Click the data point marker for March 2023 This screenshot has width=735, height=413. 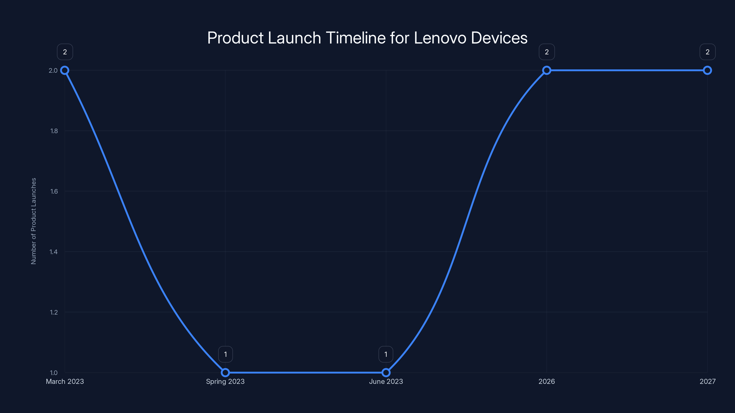(65, 70)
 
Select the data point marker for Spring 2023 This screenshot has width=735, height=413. (225, 373)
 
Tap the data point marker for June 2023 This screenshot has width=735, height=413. (386, 373)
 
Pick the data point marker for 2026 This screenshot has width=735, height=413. (547, 70)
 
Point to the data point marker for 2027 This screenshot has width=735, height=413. (707, 70)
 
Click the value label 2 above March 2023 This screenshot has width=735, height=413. (65, 52)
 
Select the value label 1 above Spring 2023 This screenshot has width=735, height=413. (225, 354)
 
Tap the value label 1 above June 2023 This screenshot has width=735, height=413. (386, 354)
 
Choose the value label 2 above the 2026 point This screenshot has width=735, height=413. (547, 52)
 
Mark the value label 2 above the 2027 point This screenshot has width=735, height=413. (707, 52)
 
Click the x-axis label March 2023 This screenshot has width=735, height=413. (65, 381)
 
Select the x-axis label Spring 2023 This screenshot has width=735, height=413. (225, 381)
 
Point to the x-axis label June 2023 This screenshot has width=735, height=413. (386, 381)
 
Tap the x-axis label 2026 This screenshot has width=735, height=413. (547, 381)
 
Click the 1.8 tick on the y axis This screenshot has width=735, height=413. (54, 131)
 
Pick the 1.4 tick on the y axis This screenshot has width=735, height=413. (54, 252)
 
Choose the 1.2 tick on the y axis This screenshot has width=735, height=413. (54, 312)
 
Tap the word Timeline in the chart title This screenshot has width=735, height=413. (356, 38)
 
